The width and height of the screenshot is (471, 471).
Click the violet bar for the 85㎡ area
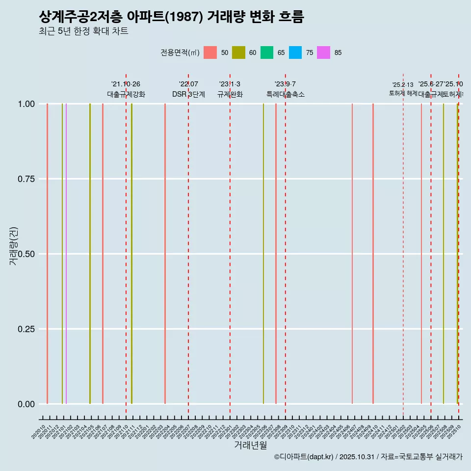coord(66,254)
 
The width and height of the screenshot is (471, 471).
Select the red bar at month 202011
coord(47,254)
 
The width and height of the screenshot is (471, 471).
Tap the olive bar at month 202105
coord(90,254)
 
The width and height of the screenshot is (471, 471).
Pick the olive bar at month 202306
coord(263,254)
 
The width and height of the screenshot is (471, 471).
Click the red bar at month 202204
coord(165,254)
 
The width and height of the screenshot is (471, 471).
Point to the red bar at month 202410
coord(373,254)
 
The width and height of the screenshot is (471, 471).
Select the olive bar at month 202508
coord(444,254)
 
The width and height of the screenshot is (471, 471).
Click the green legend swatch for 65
coord(266,52)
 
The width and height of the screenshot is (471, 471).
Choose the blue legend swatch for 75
coord(295,52)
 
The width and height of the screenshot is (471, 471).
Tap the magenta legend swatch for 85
coord(323,52)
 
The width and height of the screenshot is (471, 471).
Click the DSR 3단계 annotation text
coord(188,94)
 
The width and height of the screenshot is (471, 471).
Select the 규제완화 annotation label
coord(230,94)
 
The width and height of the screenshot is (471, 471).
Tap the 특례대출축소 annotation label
coord(286,94)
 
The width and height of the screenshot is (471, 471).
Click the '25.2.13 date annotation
coord(403,85)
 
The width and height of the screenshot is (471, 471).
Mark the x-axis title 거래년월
coord(250,445)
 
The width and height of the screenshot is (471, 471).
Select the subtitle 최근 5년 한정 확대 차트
coord(83,31)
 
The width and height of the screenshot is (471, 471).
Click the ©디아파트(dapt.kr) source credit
coord(304,457)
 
